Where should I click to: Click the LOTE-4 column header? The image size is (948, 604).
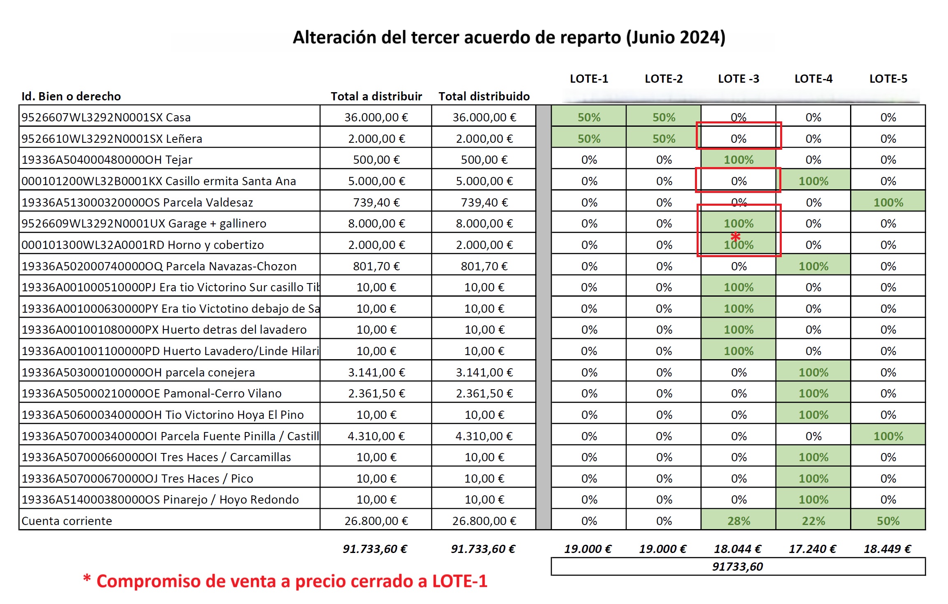(813, 79)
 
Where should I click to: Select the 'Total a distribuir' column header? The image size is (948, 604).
(376, 96)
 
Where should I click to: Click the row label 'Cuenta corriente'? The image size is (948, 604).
(67, 521)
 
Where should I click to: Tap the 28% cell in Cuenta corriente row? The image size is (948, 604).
(739, 521)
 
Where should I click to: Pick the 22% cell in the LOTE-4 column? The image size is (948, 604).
(813, 521)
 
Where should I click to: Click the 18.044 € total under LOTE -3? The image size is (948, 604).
(737, 549)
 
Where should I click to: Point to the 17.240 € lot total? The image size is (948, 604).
(812, 549)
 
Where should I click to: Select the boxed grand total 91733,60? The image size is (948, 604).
(737, 567)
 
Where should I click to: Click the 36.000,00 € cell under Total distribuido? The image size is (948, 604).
(484, 117)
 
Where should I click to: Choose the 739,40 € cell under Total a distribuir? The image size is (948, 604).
(376, 202)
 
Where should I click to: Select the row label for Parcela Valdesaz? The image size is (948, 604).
(137, 202)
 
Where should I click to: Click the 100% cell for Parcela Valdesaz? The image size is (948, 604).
(888, 202)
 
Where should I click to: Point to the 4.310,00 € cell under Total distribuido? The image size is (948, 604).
(484, 436)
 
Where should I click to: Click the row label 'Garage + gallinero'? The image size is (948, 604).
(144, 223)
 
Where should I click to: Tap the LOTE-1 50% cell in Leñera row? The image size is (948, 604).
(589, 139)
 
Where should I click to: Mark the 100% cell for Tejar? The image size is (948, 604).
(739, 160)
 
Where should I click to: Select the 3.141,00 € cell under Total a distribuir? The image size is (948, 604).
(376, 372)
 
